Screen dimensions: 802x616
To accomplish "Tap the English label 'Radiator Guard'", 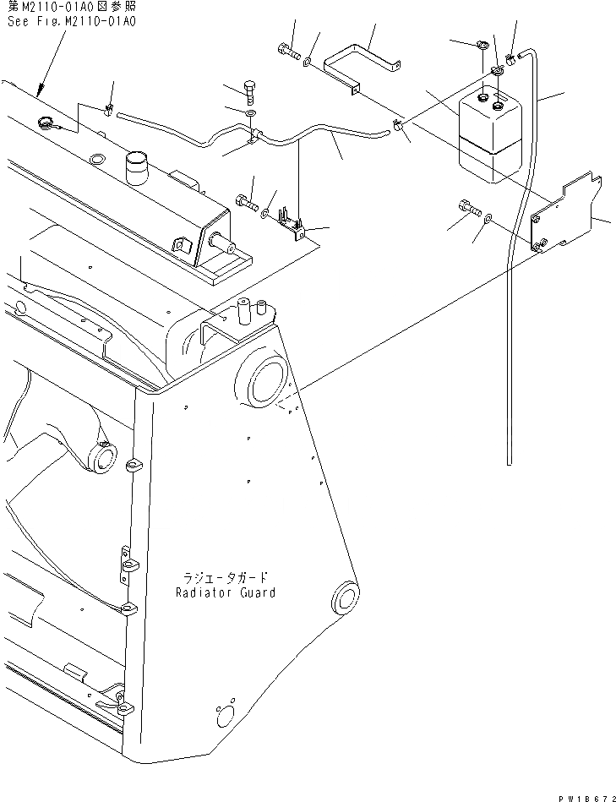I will pos(226,592).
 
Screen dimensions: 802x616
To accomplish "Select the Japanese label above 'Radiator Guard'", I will pos(226,578).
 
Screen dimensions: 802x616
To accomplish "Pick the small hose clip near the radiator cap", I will pos(108,109).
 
